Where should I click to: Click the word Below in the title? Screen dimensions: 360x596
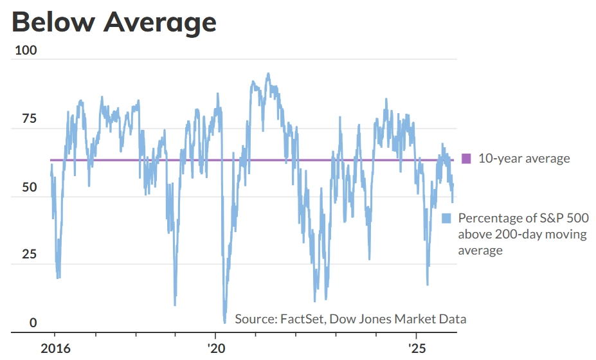tap(51, 22)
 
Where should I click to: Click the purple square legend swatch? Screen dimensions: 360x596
tap(467, 158)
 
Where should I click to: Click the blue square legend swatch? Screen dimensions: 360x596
tap(447, 219)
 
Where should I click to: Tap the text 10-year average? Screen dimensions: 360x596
tap(524, 158)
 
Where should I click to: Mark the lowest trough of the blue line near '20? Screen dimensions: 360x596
tap(224, 322)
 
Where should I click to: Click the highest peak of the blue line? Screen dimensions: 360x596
tap(268, 73)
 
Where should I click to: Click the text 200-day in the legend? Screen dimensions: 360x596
tap(514, 234)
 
